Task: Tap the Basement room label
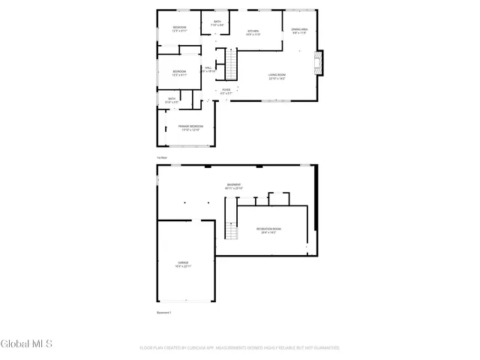click(x=235, y=186)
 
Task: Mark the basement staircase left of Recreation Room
click(x=232, y=233)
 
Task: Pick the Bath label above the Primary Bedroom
click(x=172, y=100)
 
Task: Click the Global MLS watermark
click(x=27, y=344)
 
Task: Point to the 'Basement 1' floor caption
click(x=164, y=312)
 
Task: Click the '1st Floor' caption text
click(x=160, y=157)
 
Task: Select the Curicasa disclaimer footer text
click(x=239, y=347)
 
